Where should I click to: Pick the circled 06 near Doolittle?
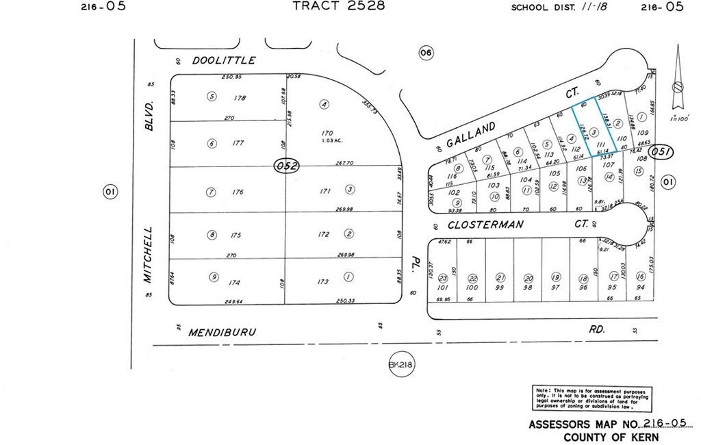point(426,53)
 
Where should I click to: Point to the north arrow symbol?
point(677,79)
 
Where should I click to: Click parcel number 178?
point(239,98)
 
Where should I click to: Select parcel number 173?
point(323,281)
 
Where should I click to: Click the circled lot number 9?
point(214,277)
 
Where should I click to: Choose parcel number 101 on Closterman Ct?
point(442,288)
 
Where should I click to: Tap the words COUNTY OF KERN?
point(611,437)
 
